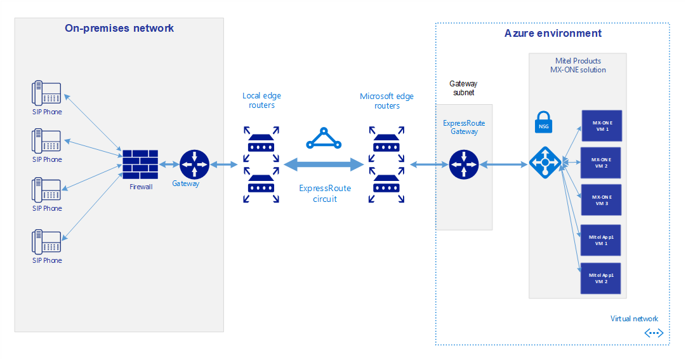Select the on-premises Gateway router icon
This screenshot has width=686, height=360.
point(194,164)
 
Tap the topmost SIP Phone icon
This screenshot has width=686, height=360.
point(46,93)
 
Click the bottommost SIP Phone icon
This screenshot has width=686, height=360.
point(46,242)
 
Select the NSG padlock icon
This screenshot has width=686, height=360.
point(543,121)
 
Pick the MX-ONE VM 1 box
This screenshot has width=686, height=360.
point(600,125)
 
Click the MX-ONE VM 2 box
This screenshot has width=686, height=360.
point(600,163)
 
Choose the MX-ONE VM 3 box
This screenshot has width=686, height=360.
point(600,200)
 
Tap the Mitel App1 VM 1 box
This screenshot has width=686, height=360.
point(600,240)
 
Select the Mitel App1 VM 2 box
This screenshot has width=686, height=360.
point(600,278)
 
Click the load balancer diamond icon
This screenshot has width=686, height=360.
point(544,164)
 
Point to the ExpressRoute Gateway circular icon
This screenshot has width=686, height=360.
point(464,164)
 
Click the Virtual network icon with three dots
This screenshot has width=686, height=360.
point(654,333)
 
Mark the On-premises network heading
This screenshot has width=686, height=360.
point(119,28)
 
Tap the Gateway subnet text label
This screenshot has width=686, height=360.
point(463,88)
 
